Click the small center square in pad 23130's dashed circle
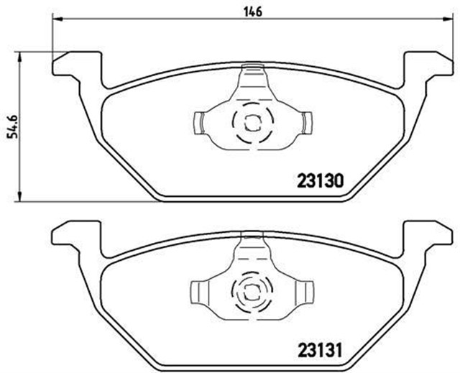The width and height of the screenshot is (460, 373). click(x=250, y=122)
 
